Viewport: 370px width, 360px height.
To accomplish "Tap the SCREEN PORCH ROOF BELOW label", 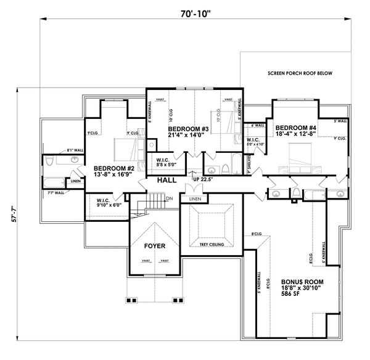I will click(x=300, y=73).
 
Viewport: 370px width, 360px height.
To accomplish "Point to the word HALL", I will click(x=168, y=181).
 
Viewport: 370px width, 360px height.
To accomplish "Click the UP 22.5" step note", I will click(x=203, y=179).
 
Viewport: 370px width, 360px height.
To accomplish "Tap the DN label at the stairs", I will click(x=169, y=198).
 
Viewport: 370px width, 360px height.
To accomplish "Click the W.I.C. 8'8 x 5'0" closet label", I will click(x=166, y=162).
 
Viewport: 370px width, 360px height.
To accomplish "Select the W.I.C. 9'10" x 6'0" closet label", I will click(x=108, y=202).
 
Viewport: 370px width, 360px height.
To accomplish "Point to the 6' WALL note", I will click(x=258, y=125).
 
